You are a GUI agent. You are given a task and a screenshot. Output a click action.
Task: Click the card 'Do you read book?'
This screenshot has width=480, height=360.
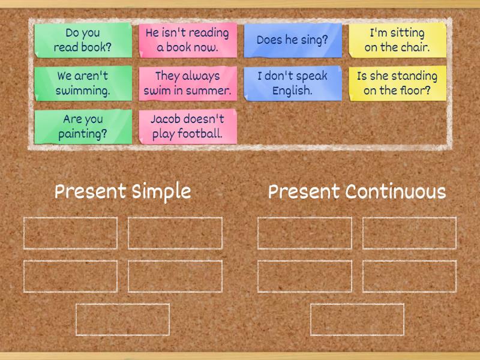click(83, 40)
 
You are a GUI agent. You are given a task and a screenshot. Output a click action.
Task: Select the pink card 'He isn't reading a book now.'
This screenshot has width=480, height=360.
click(187, 40)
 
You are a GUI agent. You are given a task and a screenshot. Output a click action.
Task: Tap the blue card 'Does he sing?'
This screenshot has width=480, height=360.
click(292, 40)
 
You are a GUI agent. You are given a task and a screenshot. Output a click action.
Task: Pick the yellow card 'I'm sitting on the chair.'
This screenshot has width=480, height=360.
click(397, 40)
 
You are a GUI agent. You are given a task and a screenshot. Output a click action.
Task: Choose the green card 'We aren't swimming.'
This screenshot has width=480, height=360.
click(83, 83)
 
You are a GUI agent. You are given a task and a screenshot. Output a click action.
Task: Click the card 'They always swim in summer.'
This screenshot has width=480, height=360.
click(187, 83)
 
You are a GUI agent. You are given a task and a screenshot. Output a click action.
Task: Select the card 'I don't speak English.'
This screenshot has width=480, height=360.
click(292, 83)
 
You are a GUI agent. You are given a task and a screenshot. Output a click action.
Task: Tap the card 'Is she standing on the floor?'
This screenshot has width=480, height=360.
click(397, 83)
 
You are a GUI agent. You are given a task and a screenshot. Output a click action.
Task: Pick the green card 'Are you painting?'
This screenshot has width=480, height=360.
click(83, 127)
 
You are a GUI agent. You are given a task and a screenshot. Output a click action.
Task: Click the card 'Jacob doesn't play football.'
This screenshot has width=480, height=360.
click(187, 127)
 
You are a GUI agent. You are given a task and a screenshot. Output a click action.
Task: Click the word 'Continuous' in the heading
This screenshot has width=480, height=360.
click(395, 192)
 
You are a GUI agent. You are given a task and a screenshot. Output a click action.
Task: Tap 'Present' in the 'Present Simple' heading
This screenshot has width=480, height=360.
click(91, 192)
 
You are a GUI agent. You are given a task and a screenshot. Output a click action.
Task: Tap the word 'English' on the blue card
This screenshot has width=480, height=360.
click(292, 91)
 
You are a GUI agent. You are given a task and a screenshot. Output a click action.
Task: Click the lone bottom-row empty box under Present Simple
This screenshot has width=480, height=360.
click(122, 320)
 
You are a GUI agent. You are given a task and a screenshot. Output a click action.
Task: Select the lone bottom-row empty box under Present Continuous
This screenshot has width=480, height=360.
click(357, 320)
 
